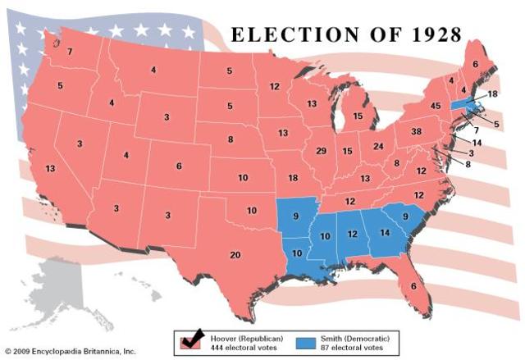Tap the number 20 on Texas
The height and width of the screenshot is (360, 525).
pos(235,255)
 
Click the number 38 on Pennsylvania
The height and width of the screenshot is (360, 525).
pos(416,131)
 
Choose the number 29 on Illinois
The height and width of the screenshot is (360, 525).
pos(322,151)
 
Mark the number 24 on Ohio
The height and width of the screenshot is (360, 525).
pos(378,147)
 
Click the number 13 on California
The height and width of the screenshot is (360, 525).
pos(51,168)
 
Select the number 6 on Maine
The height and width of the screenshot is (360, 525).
pos(475,63)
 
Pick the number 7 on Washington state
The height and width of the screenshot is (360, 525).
pos(70,52)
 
